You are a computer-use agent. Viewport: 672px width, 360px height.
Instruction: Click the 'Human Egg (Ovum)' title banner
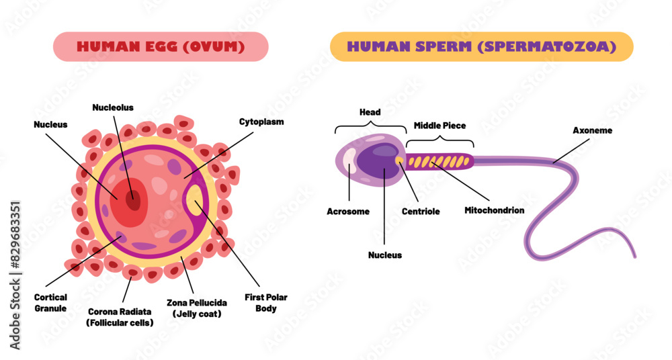coord(160,47)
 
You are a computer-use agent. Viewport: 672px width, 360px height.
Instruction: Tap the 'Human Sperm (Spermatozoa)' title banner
coord(482,47)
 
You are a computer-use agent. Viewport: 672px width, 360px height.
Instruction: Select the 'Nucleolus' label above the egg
coord(113,107)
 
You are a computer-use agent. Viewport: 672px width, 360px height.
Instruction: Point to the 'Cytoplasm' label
coord(261,122)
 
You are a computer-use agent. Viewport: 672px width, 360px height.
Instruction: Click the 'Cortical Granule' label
coord(50,303)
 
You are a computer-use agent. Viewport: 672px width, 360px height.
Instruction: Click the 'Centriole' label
coord(421,212)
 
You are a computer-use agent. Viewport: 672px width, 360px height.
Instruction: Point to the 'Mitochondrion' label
coord(494,210)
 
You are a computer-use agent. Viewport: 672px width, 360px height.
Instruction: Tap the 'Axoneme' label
coord(592,130)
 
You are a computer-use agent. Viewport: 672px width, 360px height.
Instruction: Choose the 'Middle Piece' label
coord(439,126)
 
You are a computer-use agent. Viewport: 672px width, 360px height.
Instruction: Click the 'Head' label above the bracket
coord(370,113)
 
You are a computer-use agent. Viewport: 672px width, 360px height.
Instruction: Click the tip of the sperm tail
coord(634,256)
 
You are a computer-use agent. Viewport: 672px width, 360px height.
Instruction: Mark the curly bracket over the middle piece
coord(439,140)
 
